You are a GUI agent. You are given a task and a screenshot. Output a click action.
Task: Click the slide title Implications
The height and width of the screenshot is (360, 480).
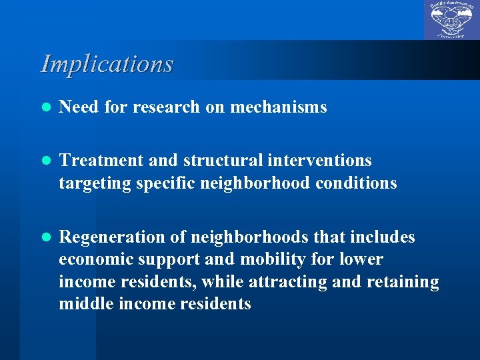click(107, 64)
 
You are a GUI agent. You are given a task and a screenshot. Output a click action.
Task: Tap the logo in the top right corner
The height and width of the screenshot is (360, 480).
click(451, 20)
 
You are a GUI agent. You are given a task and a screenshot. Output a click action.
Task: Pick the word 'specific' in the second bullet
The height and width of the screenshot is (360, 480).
click(167, 183)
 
